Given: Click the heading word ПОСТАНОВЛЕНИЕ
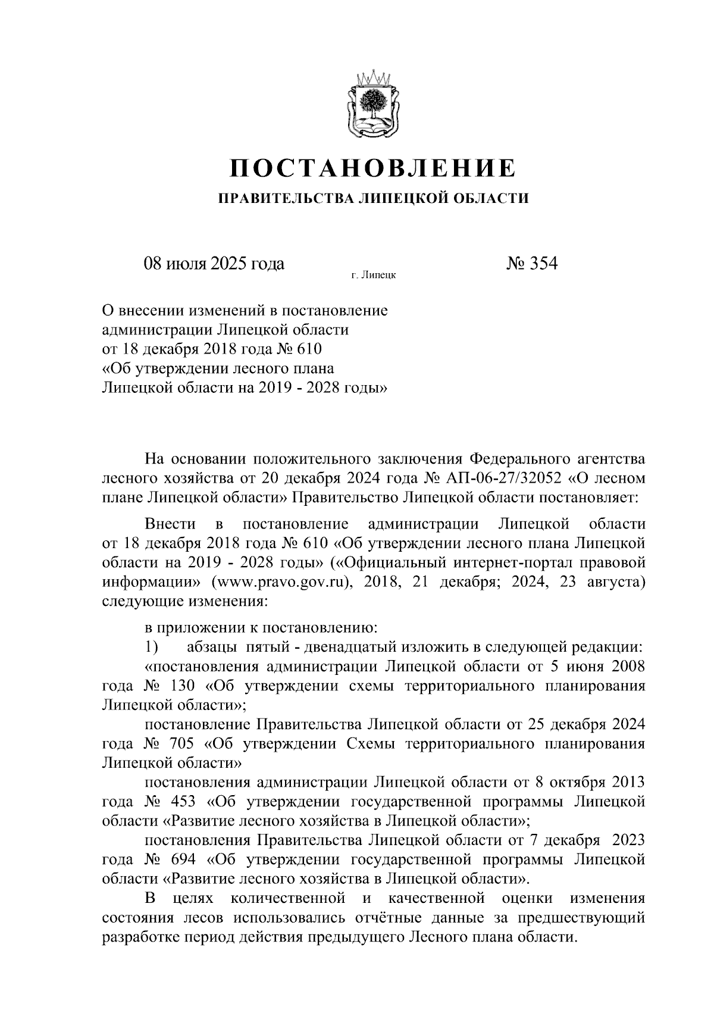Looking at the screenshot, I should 373,169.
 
